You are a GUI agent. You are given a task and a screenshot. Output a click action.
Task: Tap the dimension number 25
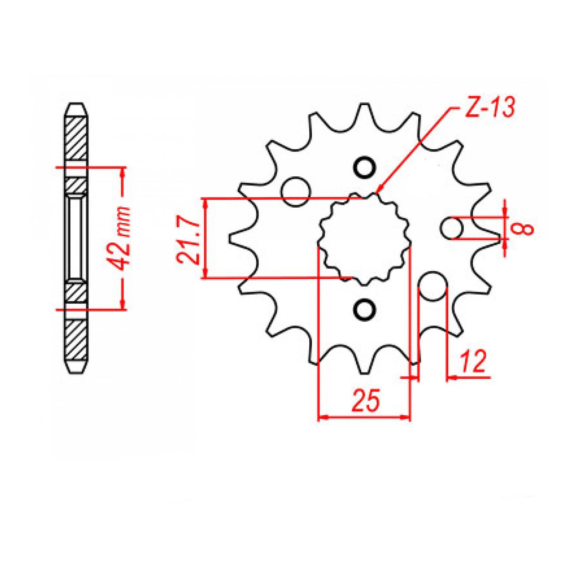tap(366, 401)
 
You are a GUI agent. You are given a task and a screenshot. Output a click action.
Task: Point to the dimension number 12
tap(473, 361)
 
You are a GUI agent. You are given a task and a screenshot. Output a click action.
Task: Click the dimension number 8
tap(526, 229)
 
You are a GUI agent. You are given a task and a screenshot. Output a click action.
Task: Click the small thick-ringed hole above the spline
tap(365, 167)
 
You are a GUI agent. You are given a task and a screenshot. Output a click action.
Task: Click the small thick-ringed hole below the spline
tap(365, 309)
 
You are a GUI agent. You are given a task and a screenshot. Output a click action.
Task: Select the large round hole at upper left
tap(296, 191)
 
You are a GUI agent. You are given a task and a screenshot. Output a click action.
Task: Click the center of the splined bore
tap(365, 238)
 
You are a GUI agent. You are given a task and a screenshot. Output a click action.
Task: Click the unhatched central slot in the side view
tap(76, 238)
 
